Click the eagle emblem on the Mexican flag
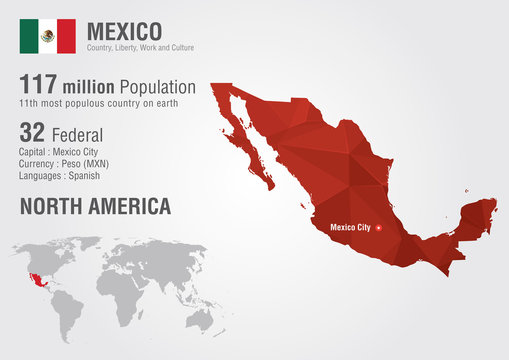[47, 36]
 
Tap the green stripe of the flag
[28, 36]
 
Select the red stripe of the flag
[66, 36]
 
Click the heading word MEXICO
[124, 29]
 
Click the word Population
[155, 87]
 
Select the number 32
[32, 132]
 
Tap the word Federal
[79, 133]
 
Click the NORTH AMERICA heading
[95, 207]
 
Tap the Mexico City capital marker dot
[378, 228]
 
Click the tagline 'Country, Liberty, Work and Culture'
[140, 48]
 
